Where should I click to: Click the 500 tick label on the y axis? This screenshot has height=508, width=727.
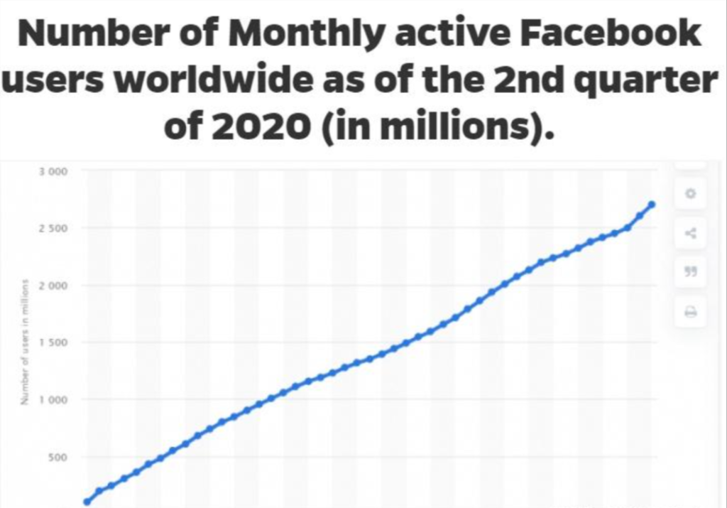click(x=58, y=457)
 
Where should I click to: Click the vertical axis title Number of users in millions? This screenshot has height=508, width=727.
click(x=24, y=342)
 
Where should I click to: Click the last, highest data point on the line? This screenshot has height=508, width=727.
click(x=652, y=205)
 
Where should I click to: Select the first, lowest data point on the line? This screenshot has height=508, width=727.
click(x=87, y=502)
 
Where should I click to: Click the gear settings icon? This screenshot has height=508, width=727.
click(x=690, y=193)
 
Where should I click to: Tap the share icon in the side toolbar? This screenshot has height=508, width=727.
click(x=690, y=232)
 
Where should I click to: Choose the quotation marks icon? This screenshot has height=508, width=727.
click(x=690, y=271)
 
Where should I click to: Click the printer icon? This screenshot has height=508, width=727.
click(x=690, y=311)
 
